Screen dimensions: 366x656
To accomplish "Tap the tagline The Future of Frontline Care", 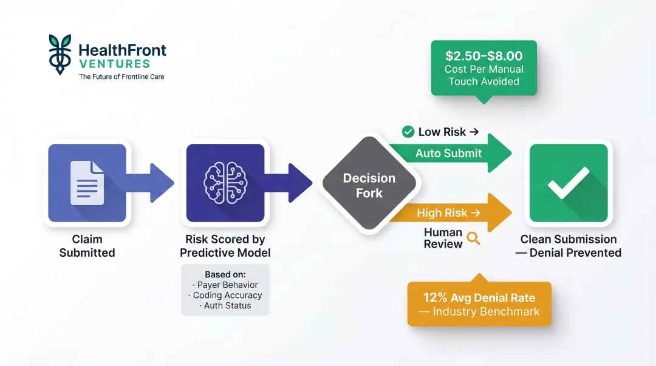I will tap(121, 77).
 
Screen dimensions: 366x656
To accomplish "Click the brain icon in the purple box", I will tap(225, 182).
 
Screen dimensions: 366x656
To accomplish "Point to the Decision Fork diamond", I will tap(369, 185).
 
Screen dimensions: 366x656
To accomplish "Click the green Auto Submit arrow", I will tap(449, 154).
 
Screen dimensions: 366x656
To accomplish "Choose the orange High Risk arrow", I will tap(449, 213).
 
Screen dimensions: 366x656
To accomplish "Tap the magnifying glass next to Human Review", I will tap(473, 239).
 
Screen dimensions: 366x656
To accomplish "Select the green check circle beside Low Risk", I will tap(408, 132).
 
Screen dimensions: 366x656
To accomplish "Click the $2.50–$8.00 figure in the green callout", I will tap(483, 56).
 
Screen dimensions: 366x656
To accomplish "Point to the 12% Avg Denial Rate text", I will tap(479, 298).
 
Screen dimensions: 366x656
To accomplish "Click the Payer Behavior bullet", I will tap(225, 285).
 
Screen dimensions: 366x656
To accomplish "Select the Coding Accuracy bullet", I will tap(225, 295).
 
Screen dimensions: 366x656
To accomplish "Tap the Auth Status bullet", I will tap(225, 305).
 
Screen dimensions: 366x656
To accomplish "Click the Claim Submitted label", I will tap(87, 246).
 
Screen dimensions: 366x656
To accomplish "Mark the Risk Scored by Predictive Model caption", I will tap(225, 246).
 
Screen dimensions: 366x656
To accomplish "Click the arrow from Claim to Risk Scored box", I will tap(152, 182).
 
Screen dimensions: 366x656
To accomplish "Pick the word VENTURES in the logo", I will tap(114, 64).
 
